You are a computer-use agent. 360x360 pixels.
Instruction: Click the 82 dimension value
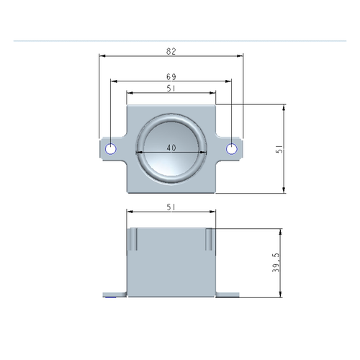coord(171,51)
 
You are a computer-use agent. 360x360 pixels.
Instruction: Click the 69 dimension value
coord(171,77)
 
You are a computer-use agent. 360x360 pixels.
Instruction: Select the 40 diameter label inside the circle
coord(171,148)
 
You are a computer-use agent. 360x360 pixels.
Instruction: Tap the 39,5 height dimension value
coord(276,263)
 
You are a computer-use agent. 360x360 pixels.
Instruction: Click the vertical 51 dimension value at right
coord(280,149)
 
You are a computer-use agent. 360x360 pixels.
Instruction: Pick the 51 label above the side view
coord(171,207)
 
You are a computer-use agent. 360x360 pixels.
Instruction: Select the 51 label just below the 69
coord(171,89)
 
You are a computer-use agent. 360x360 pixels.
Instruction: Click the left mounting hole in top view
coord(111,149)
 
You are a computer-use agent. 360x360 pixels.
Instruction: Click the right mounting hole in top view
coord(232,149)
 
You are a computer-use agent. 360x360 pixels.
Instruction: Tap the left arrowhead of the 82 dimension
coord(102,56)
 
